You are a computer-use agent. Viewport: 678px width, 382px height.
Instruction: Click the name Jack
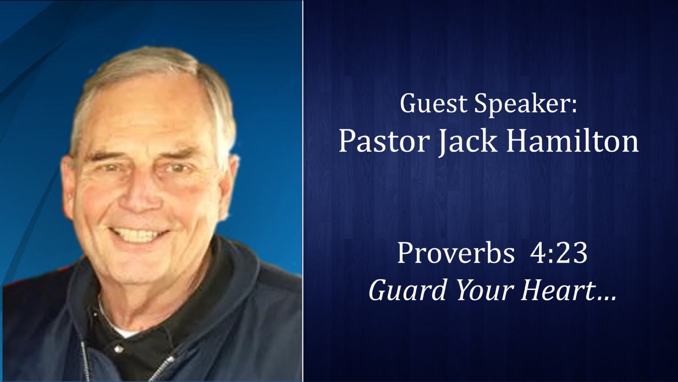[x=468, y=142]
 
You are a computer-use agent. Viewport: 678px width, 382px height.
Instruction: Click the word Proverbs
[x=456, y=253]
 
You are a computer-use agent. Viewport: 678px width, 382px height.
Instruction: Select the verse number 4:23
[x=559, y=253]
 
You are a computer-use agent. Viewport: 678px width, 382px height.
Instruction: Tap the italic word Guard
[x=407, y=290]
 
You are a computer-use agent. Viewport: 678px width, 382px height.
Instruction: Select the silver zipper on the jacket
[x=160, y=368]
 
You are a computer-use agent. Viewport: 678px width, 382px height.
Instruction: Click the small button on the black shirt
[x=119, y=349]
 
